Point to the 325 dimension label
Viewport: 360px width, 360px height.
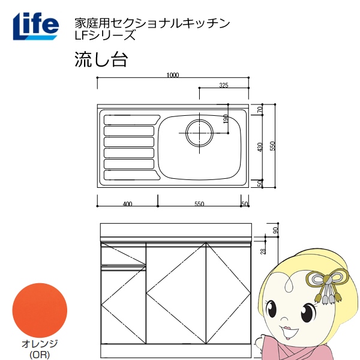click(223, 85)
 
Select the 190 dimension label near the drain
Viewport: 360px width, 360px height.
click(226, 119)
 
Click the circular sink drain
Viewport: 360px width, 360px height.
click(198, 133)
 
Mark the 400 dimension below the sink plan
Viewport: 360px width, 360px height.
click(127, 205)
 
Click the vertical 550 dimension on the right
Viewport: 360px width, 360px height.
click(272, 146)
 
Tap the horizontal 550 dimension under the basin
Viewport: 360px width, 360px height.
click(199, 205)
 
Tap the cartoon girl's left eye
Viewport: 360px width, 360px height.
click(310, 312)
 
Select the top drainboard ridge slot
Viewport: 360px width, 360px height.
click(129, 118)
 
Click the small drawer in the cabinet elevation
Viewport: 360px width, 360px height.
click(123, 256)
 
